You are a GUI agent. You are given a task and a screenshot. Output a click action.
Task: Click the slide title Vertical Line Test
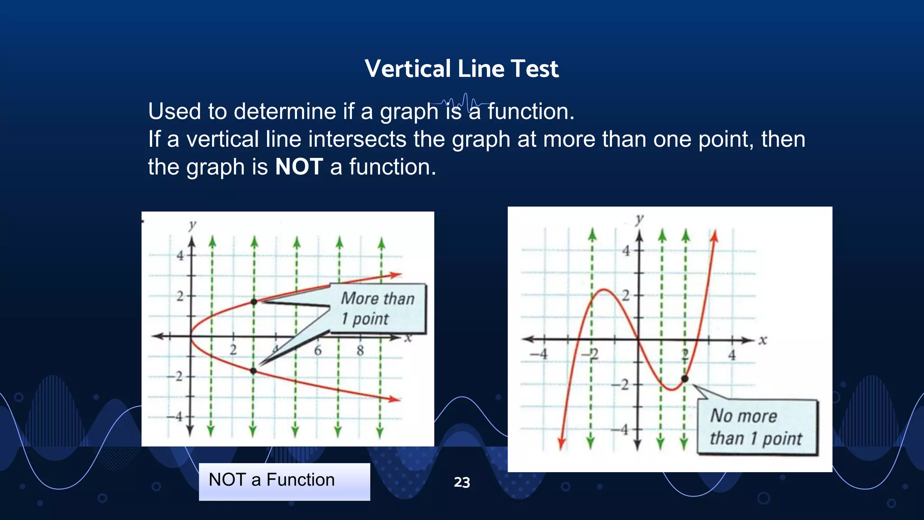[x=462, y=69]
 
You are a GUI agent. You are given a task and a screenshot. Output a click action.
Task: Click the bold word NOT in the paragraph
[x=299, y=167]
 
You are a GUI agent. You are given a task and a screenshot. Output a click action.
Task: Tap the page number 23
[x=462, y=482]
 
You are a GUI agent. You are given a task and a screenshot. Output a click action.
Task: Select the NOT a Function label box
[x=284, y=481]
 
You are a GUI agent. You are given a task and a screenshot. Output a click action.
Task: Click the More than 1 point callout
[x=378, y=308]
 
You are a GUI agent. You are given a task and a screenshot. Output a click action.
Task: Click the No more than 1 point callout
[x=757, y=427]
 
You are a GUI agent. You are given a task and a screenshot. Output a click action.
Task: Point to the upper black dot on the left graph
[x=254, y=302]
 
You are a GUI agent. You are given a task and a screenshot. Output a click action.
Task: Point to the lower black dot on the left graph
[x=253, y=371]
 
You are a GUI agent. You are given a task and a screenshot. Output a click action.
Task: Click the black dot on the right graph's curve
[x=684, y=379]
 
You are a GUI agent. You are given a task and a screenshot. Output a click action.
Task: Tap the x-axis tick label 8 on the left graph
[x=360, y=350]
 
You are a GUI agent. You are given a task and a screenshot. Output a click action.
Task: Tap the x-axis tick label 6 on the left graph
[x=318, y=350]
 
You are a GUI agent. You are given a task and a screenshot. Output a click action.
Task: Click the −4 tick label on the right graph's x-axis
[x=540, y=354]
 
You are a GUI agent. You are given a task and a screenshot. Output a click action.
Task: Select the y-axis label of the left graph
[x=193, y=225]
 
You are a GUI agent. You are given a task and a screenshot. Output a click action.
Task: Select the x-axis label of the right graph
[x=762, y=340]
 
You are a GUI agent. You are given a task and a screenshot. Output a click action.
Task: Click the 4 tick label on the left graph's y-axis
[x=180, y=255]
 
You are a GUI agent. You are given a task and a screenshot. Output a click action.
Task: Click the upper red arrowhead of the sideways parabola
[x=396, y=274]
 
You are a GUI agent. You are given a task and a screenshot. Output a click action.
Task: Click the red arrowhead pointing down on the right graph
[x=561, y=444]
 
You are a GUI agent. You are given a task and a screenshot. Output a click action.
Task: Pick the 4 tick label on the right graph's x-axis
[x=732, y=355]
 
